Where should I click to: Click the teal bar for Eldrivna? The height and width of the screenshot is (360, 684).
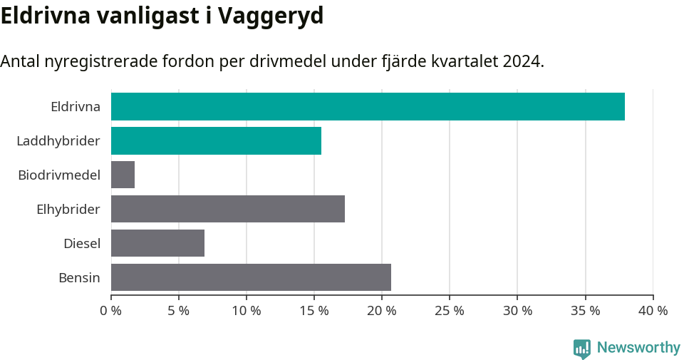coord(368,107)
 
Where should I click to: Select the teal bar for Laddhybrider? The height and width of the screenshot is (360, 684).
coord(216,141)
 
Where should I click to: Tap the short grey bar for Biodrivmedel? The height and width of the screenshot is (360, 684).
coord(123,175)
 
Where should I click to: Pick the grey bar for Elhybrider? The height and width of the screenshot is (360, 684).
coord(228,209)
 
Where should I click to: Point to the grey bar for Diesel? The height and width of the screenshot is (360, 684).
coord(157,243)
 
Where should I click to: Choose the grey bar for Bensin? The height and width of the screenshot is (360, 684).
coord(251,277)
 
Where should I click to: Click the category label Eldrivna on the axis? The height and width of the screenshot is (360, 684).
coord(75,107)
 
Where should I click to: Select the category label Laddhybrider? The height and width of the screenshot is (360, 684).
coord(58,141)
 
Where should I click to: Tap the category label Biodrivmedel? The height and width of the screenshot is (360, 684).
coord(59,175)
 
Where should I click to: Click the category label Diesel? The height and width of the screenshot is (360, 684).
coord(82,243)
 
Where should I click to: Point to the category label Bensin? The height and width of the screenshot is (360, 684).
coord(79,277)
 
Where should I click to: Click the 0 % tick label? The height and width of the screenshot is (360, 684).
coord(111,311)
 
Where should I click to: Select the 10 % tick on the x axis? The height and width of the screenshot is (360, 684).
coord(247,311)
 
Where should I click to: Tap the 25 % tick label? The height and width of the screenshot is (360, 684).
coord(450,311)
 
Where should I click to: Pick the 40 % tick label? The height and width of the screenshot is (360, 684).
coord(653,311)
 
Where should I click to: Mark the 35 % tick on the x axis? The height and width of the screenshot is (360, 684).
coord(585,311)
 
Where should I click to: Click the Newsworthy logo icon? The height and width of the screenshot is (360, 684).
coord(582,349)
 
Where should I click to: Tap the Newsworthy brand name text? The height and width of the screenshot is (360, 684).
coord(638,348)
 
